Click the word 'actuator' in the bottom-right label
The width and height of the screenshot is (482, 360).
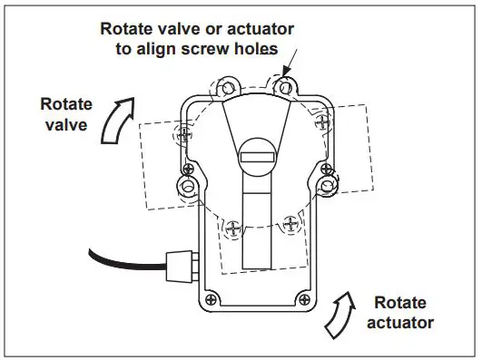(404, 322)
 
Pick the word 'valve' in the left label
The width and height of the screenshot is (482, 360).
(69, 125)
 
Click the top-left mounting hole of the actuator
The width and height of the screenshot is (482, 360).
(223, 89)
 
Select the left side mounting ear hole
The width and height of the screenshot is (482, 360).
(189, 186)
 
